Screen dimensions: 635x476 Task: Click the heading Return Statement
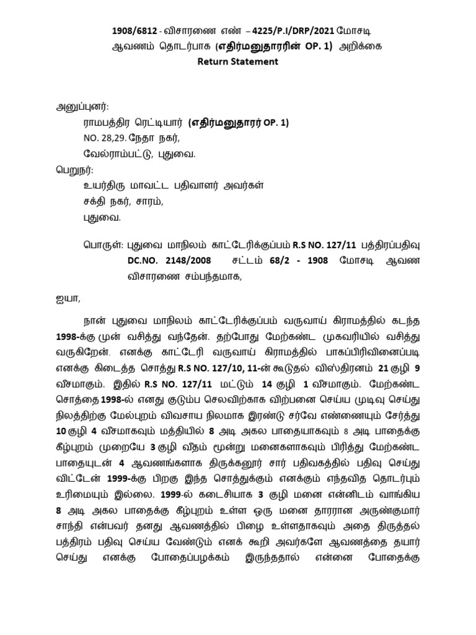pyautogui.click(x=237, y=61)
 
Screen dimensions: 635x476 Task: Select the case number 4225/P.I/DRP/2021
pyautogui.click(x=286, y=30)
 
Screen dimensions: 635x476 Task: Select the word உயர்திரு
pyautogui.click(x=103, y=184)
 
